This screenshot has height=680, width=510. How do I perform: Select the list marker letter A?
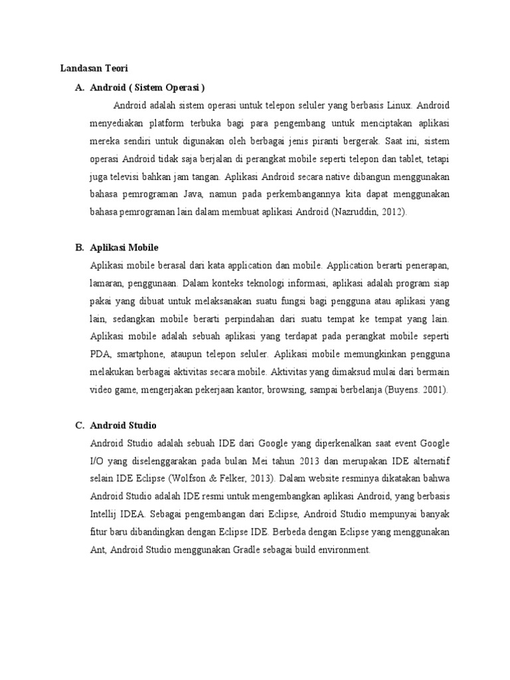(80, 86)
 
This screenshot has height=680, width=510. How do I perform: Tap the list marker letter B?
(80, 248)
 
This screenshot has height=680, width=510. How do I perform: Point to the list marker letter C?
(80, 425)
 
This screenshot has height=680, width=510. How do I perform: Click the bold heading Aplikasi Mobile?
(124, 248)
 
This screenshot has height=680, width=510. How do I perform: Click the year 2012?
(396, 212)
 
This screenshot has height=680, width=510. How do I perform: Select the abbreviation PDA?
(99, 355)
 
